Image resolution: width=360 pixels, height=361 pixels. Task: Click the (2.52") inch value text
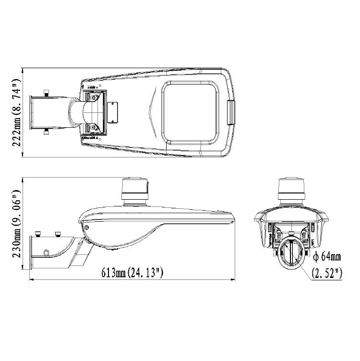(327, 274)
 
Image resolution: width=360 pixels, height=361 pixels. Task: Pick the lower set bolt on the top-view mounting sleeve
(46, 132)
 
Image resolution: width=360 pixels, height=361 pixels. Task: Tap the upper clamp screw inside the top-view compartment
(94, 97)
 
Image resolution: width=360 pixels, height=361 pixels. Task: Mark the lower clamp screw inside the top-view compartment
(94, 127)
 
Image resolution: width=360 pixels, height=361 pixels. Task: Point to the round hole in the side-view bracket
(46, 253)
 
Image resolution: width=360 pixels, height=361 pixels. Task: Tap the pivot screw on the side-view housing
(87, 229)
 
